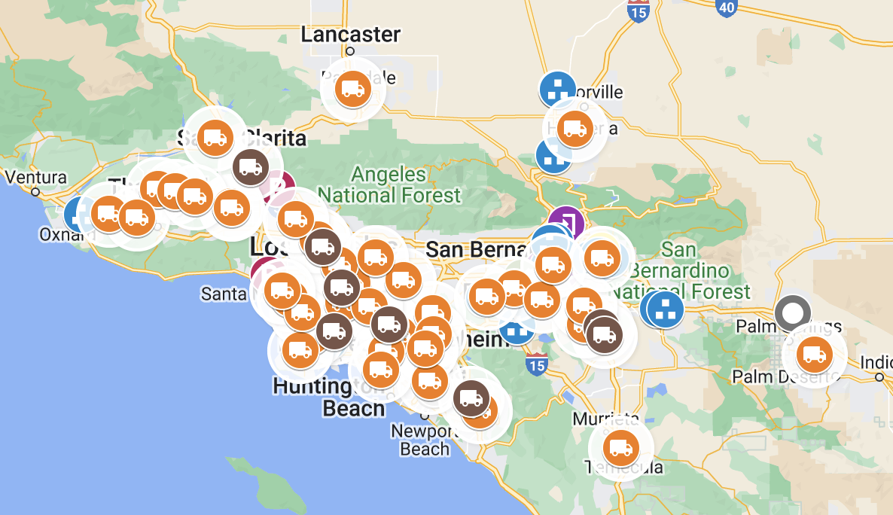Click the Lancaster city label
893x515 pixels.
[350, 35]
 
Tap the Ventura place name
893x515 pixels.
[35, 178]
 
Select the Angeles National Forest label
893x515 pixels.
[406, 185]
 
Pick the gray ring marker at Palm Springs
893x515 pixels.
[793, 312]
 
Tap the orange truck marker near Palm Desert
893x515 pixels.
[814, 353]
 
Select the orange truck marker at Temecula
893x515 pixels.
[620, 448]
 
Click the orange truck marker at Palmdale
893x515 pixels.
[352, 89]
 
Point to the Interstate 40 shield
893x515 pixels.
[726, 6]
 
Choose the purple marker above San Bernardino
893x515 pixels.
[566, 223]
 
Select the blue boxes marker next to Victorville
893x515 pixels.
[557, 90]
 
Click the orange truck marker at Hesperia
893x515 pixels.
[575, 129]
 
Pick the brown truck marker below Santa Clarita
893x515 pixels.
[248, 167]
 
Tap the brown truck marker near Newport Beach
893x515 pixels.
[470, 398]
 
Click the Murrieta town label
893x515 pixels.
[605, 419]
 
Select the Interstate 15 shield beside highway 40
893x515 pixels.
[638, 11]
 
